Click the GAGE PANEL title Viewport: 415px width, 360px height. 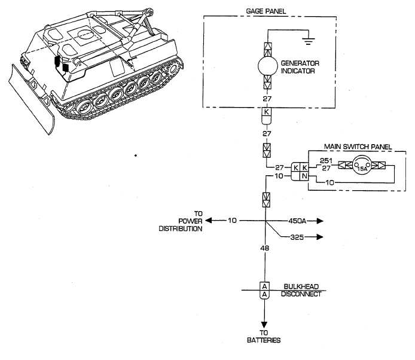coord(266,11)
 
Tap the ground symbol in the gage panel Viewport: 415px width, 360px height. coord(308,41)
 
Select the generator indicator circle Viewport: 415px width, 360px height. coord(267,66)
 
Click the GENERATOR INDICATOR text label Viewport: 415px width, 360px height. coord(300,67)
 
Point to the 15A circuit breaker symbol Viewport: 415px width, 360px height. coord(362,166)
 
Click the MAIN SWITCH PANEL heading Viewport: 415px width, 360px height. coord(358,147)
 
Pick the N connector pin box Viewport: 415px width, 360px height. coord(304,176)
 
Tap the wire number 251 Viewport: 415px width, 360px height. coord(326,161)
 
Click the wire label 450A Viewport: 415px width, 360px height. coord(297,221)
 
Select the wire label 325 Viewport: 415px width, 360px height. coord(297,237)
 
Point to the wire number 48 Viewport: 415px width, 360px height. coord(265,248)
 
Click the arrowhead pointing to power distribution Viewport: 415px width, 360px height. coord(209,220)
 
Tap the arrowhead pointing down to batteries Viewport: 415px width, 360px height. coord(264,325)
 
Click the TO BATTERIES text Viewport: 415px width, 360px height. coord(264,337)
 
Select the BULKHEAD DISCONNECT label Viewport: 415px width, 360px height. coord(301,290)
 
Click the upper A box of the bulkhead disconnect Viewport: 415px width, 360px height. coord(265,286)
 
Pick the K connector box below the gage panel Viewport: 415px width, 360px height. coord(267,112)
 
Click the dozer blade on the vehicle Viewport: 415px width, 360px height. coord(30,100)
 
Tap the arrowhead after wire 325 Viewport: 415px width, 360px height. coord(320,237)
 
